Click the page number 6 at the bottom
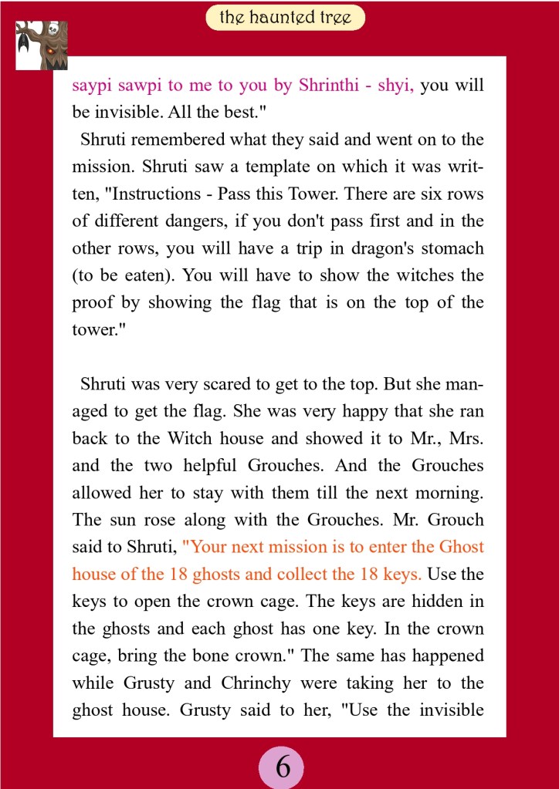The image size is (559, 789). pos(283,767)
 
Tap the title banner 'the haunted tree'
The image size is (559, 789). pos(285,17)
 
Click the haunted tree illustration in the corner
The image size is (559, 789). pos(42,45)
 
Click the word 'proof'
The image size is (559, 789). pos(92,303)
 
